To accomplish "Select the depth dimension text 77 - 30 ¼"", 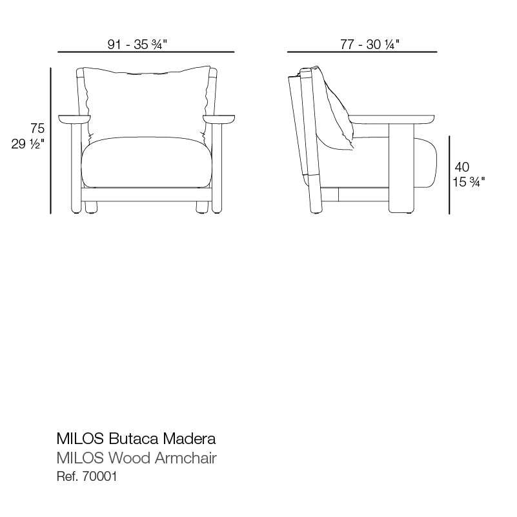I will point(370,45).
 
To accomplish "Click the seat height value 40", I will point(462,167).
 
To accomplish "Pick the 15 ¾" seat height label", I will point(468,183).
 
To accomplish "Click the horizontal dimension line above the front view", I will point(145,52).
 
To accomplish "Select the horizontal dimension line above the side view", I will point(362,52).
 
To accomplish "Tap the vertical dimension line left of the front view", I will point(50,141).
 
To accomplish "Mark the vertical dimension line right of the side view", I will point(449,174).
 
